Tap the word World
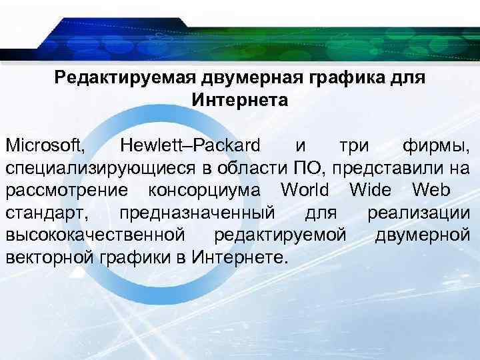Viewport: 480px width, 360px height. tap(305, 190)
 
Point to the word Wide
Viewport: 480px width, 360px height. tap(369, 190)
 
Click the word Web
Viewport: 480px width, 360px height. tap(431, 190)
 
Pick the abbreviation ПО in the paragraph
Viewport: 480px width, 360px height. tap(309, 167)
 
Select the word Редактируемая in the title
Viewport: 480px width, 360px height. tap(123, 78)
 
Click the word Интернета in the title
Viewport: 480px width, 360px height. tap(240, 101)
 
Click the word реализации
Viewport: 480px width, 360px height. tap(419, 213)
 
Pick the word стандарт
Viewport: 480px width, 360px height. tap(43, 213)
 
